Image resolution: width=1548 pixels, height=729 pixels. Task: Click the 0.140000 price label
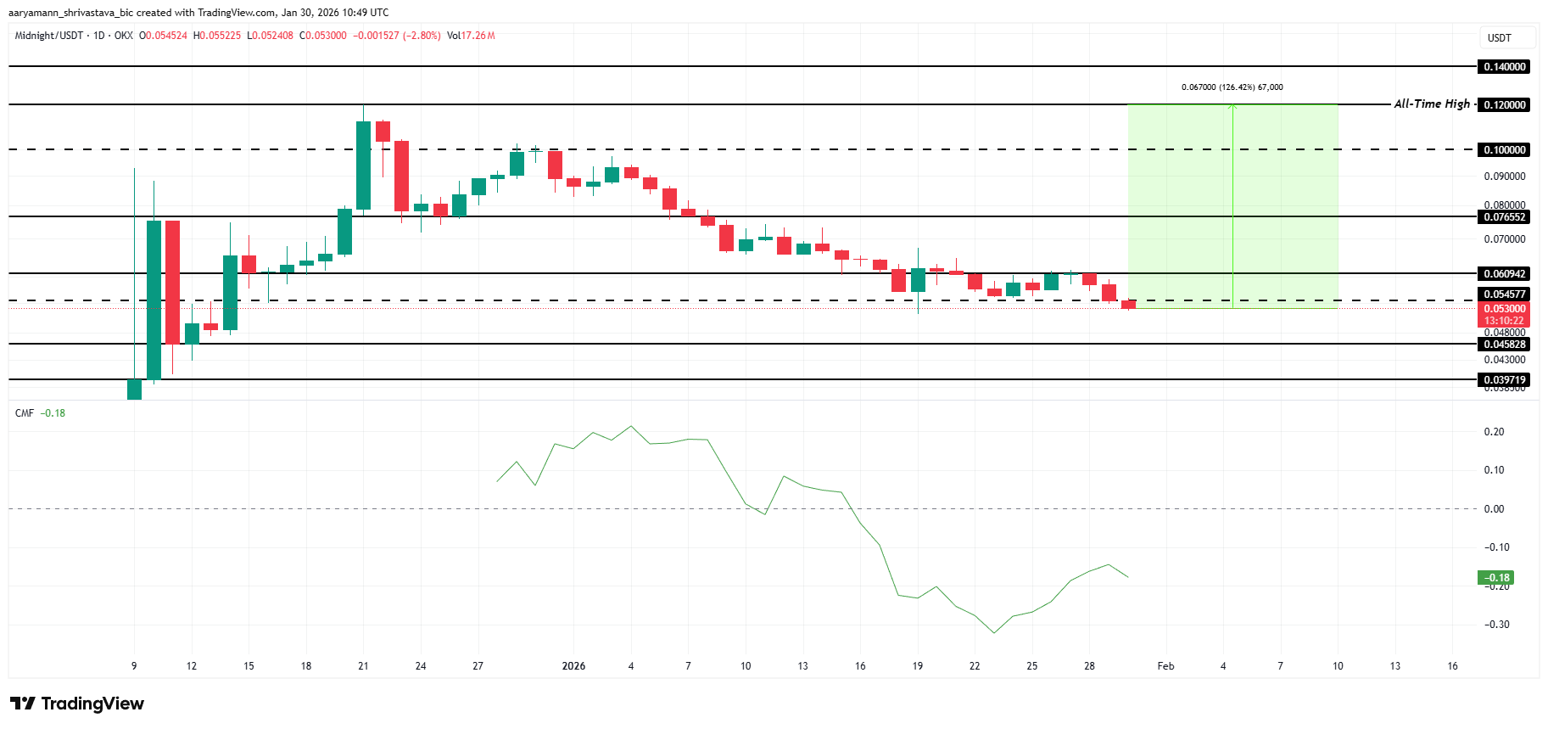[x=1505, y=66]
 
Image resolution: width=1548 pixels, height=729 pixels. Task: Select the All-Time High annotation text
[x=1432, y=104]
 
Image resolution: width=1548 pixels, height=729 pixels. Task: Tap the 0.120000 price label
[x=1505, y=104]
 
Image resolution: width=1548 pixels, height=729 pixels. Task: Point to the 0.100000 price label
[x=1505, y=149]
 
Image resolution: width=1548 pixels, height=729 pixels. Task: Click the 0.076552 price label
[x=1505, y=216]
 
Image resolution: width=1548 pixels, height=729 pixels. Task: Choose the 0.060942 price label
[x=1505, y=273]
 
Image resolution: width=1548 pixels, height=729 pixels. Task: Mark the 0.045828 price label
[x=1505, y=344]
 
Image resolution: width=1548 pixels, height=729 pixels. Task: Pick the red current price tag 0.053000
[x=1505, y=309]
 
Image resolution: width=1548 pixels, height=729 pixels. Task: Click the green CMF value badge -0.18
[x=1495, y=577]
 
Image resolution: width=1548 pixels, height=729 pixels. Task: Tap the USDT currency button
[x=1500, y=37]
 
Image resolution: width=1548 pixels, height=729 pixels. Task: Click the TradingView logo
[x=77, y=704]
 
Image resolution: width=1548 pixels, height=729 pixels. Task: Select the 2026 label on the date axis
[x=573, y=666]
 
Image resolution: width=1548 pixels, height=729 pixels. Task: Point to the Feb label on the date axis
[x=1165, y=666]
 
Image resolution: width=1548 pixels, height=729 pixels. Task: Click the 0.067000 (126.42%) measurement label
[x=1232, y=87]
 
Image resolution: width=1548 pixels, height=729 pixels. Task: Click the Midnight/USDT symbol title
[x=49, y=36]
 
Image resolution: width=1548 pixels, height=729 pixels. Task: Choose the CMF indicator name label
[x=25, y=413]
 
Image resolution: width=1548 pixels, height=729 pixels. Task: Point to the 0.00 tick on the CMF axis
[x=1494, y=509]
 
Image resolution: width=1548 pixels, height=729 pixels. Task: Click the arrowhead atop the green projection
[x=1232, y=106]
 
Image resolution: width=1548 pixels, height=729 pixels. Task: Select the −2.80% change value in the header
[x=422, y=36]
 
